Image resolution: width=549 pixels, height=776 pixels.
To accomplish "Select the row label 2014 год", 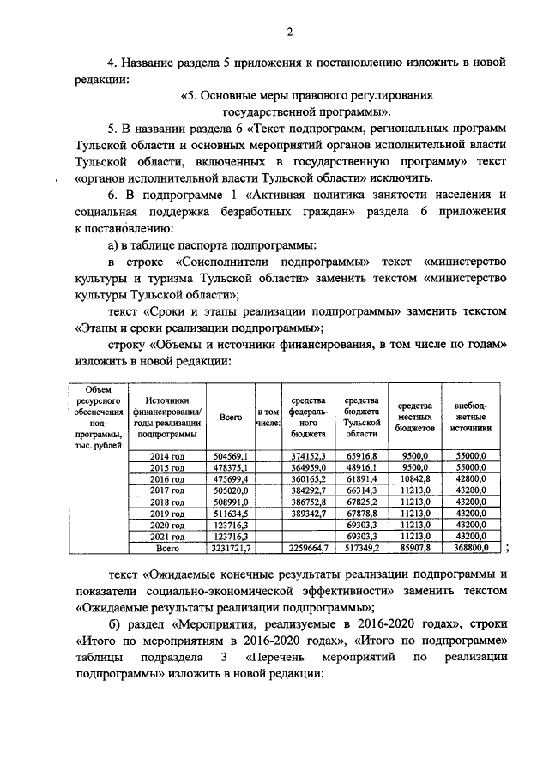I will coord(167,456).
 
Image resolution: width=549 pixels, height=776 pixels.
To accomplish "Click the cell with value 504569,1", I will coord(230,456).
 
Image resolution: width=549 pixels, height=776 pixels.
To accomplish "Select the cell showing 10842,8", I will coord(414,478).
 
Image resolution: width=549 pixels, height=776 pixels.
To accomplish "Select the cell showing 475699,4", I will coord(230,478).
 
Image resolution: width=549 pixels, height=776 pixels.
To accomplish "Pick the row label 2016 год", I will coord(167,478).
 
